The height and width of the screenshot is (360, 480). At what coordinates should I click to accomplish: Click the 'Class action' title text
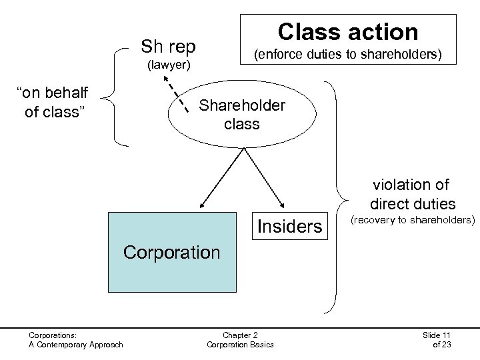(348, 31)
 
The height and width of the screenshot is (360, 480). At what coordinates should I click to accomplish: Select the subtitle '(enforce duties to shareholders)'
(348, 54)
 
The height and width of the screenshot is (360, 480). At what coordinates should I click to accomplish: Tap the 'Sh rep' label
(168, 47)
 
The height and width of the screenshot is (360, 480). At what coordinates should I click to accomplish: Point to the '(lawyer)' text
(168, 65)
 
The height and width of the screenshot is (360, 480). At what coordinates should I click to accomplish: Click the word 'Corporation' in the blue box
(172, 253)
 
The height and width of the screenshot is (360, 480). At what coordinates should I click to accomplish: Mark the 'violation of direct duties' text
(411, 194)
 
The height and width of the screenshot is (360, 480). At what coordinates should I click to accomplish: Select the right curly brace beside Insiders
(337, 197)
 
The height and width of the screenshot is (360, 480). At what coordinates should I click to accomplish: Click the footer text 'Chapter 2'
(239, 334)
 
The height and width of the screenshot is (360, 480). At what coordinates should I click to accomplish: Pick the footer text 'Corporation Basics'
(239, 345)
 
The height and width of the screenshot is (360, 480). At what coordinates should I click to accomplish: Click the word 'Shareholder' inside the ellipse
(242, 106)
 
